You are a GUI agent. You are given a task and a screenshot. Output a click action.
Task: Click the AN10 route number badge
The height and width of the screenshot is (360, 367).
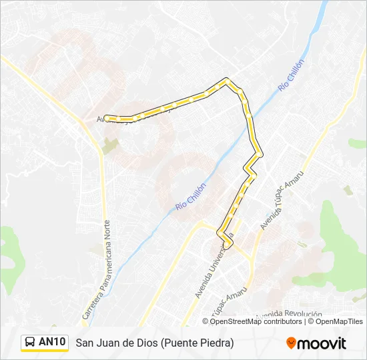tap(52, 343)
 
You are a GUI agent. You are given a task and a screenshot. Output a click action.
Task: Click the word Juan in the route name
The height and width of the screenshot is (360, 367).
tap(109, 343)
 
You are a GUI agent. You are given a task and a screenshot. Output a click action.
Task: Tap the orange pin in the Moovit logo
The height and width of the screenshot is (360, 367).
tap(291, 343)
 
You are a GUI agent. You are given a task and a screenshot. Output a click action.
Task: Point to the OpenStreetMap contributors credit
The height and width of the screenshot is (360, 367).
tap(256, 321)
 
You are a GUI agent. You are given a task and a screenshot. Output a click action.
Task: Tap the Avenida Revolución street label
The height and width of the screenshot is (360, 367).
tap(289, 314)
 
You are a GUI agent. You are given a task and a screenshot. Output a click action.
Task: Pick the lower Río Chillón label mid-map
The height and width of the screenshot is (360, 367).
tap(192, 198)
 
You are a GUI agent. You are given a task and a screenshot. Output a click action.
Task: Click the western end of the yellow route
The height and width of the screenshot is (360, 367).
tap(107, 118)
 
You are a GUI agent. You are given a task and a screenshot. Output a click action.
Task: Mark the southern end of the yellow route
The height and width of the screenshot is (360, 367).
tap(227, 246)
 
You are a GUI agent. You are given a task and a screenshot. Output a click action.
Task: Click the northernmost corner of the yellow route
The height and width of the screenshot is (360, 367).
tap(227, 80)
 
